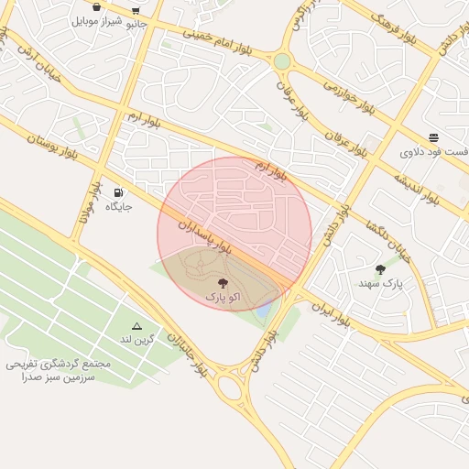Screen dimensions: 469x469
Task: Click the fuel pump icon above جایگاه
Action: click(x=118, y=192)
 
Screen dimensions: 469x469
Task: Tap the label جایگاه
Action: click(x=118, y=207)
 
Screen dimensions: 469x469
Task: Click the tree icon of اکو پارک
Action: click(x=224, y=283)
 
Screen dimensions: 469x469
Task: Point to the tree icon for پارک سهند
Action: click(x=380, y=269)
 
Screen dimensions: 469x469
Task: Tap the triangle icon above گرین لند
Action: click(x=137, y=326)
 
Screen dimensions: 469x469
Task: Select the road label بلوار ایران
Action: click(x=332, y=314)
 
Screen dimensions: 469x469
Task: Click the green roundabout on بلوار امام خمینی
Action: click(x=282, y=61)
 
